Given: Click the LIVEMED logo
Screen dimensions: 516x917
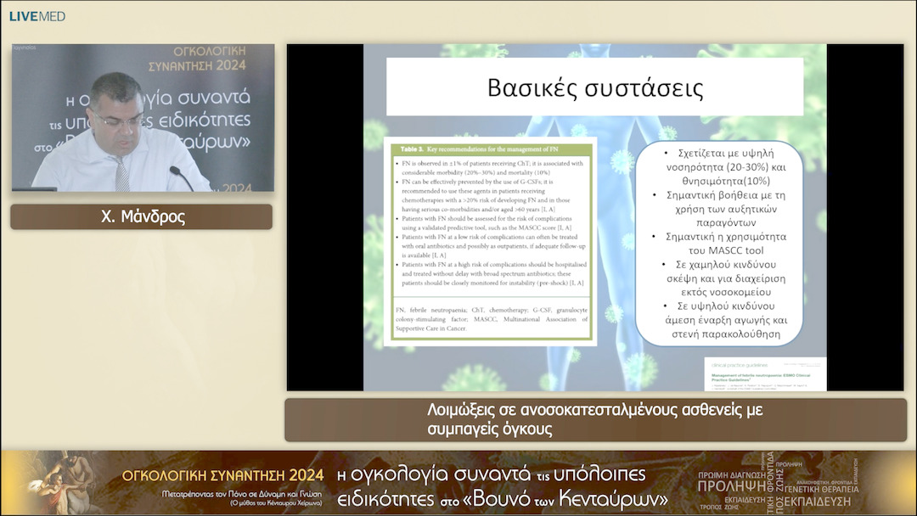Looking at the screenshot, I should [x=37, y=16].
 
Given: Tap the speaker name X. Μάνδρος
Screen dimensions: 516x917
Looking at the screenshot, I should [x=142, y=217].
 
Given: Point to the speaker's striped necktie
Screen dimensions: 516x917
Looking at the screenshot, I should [x=122, y=173].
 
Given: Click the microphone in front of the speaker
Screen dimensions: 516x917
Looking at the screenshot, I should [x=180, y=177].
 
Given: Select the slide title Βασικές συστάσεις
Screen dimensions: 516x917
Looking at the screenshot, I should [x=594, y=87].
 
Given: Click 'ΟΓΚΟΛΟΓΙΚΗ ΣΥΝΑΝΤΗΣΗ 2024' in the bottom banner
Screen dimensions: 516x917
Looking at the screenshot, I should [x=223, y=474].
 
